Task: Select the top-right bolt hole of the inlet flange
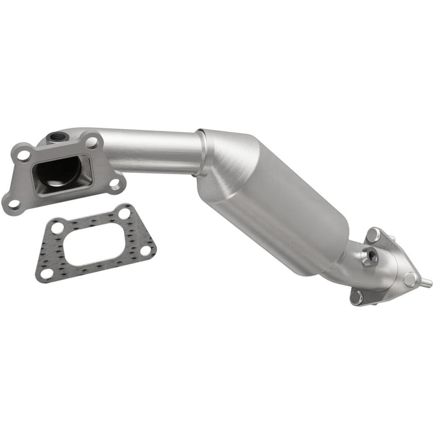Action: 92,142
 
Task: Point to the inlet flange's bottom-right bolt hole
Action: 115,183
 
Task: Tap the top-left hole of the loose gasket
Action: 58,228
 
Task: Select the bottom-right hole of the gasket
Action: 146,250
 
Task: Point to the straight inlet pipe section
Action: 155,152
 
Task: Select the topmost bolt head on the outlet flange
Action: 373,235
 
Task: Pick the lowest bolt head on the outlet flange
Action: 356,296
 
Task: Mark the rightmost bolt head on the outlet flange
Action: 410,279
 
